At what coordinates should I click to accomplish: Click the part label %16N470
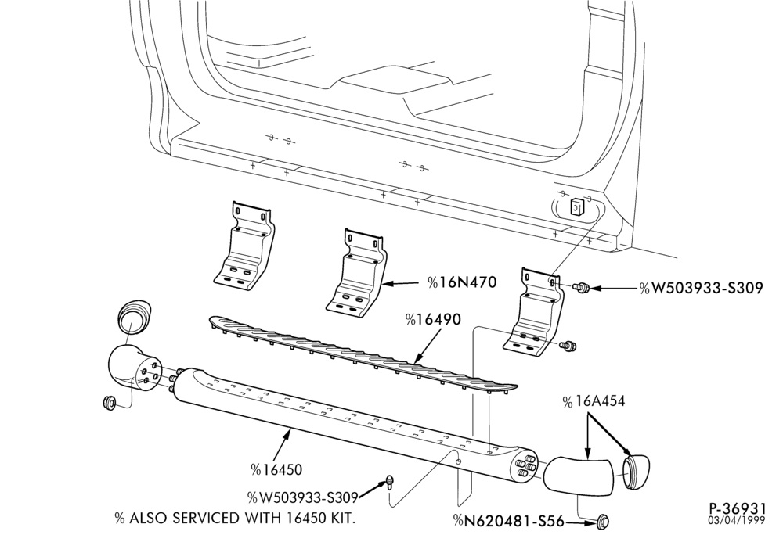[462, 282]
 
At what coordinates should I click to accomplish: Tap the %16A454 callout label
[594, 401]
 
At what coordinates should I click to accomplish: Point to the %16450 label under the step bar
[276, 469]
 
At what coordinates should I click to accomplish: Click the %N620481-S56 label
[508, 522]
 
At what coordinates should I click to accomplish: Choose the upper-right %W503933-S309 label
[701, 288]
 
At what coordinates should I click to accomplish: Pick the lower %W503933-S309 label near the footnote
[302, 497]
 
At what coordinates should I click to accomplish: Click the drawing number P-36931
[737, 508]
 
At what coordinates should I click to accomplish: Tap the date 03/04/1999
[737, 521]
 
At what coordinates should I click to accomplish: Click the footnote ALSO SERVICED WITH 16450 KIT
[235, 518]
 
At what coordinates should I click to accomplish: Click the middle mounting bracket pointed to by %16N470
[356, 272]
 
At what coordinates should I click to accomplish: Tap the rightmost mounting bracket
[534, 312]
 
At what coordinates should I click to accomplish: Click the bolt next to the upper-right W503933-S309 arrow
[581, 288]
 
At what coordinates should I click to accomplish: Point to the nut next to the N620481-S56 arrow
[603, 522]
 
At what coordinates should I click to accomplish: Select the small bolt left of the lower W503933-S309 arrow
[389, 482]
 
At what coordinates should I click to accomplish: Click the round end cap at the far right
[636, 472]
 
